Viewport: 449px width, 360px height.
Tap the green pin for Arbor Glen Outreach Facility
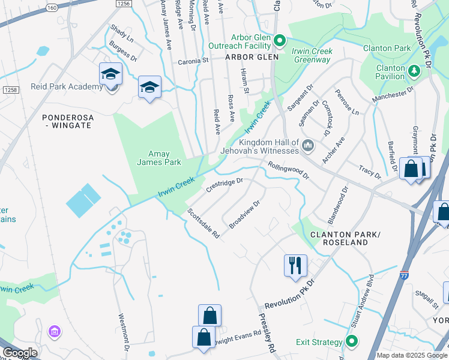click(x=279, y=41)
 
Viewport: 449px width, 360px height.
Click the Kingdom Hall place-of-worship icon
click(x=308, y=145)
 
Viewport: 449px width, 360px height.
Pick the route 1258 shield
click(x=10, y=89)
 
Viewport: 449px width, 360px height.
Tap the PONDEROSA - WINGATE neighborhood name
click(x=68, y=121)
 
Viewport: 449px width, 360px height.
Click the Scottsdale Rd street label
click(x=203, y=224)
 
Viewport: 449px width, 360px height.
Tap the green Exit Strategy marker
click(x=351, y=342)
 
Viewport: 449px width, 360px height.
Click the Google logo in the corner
click(x=20, y=352)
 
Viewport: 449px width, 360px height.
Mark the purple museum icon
click(x=55, y=331)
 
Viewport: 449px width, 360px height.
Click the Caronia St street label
click(x=192, y=61)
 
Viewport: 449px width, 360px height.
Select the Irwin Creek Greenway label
click(x=312, y=55)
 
